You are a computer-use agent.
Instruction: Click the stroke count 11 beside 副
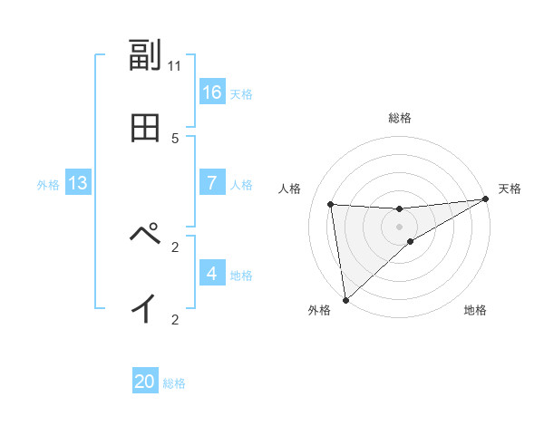pos(175,65)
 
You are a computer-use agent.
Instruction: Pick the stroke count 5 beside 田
pos(175,138)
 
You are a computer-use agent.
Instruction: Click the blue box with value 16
pos(212,92)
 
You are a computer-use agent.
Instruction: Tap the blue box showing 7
pos(212,183)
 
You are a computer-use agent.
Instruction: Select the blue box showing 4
pos(212,274)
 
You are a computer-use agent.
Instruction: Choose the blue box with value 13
pos(78,183)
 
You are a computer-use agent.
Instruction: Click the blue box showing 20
pos(145,382)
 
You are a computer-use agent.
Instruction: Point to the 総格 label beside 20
pos(174,383)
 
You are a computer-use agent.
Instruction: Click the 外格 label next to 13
pos(48,185)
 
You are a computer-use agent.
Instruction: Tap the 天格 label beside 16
pos(240,94)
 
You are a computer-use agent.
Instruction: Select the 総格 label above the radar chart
pos(399,118)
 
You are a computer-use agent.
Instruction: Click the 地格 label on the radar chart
pos(475,311)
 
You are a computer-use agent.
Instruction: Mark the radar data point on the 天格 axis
pos(485,199)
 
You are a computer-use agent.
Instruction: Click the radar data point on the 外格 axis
pos(345,300)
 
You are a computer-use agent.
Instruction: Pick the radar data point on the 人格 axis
pos(331,204)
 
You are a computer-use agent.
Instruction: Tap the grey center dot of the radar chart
pos(399,227)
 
